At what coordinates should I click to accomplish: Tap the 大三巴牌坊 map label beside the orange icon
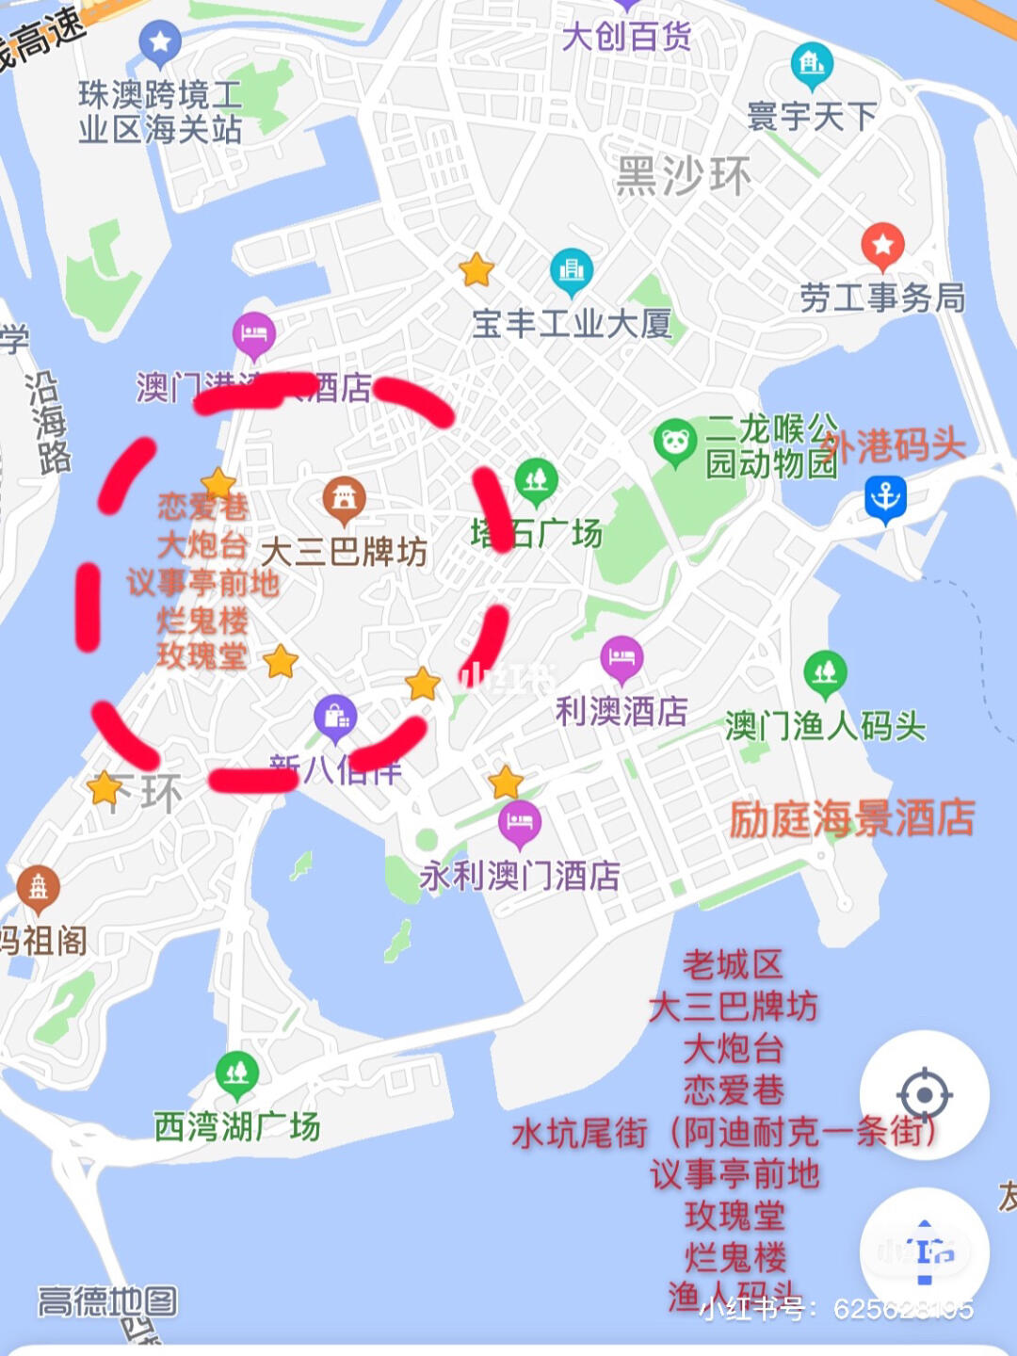click(344, 552)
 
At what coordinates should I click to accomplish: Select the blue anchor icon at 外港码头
click(885, 496)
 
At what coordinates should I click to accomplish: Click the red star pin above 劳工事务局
click(882, 246)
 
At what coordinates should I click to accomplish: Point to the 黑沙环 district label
click(684, 176)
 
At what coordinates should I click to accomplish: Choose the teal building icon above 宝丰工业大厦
click(572, 270)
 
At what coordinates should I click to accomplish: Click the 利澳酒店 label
click(621, 711)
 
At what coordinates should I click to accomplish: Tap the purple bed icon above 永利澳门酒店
click(520, 821)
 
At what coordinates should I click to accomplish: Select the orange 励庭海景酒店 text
click(852, 818)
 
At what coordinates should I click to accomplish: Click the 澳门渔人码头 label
click(825, 726)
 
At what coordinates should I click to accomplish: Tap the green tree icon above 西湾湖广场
click(237, 1073)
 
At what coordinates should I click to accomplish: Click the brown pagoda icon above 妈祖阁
click(39, 886)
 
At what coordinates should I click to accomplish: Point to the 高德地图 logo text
click(107, 1302)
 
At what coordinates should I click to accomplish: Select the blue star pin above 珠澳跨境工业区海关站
click(160, 42)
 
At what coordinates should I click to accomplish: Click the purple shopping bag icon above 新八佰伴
click(336, 718)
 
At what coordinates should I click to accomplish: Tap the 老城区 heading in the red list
click(733, 964)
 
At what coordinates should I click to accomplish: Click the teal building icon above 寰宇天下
click(812, 64)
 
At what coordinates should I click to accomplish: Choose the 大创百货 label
click(626, 37)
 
